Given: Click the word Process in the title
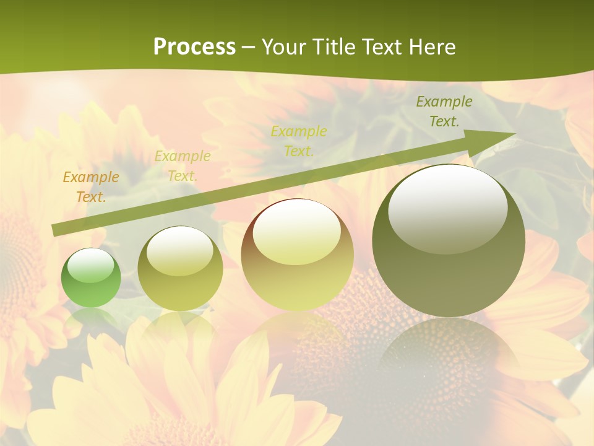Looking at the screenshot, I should pyautogui.click(x=194, y=47).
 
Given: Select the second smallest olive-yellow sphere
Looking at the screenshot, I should pyautogui.click(x=180, y=268).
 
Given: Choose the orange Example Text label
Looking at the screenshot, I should pyautogui.click(x=91, y=187).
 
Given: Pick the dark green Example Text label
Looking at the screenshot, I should pyautogui.click(x=444, y=111).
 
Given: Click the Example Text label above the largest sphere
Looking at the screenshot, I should pyautogui.click(x=444, y=111).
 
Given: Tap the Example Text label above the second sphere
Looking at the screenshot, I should pyautogui.click(x=183, y=166).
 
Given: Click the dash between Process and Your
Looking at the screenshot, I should pyautogui.click(x=249, y=47).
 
